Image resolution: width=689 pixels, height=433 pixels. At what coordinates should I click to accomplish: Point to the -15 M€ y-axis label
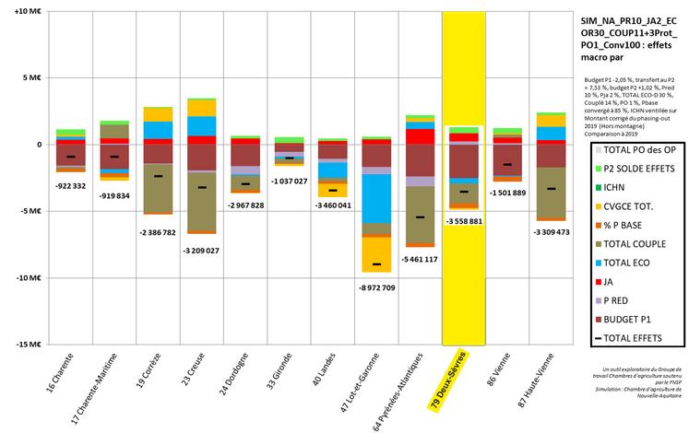pyautogui.click(x=18, y=345)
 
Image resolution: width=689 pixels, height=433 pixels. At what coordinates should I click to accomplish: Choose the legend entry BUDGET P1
pyautogui.click(x=636, y=318)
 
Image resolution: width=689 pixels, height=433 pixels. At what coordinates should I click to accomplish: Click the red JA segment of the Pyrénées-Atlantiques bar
pyautogui.click(x=420, y=136)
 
